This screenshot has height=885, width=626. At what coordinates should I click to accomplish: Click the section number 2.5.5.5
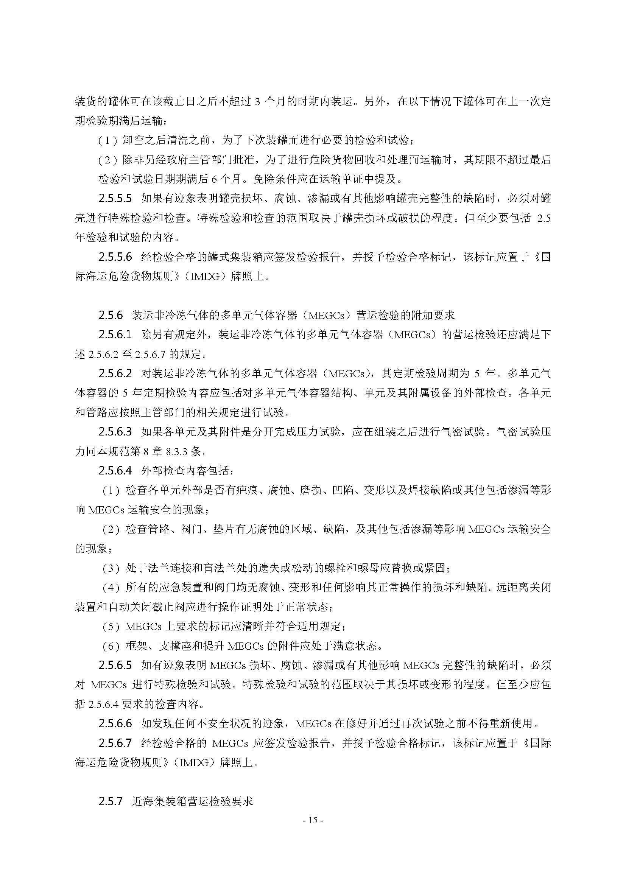tap(115, 199)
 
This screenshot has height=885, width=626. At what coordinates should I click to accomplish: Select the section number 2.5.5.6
tap(115, 257)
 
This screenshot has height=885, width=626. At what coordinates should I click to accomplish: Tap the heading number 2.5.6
tap(110, 315)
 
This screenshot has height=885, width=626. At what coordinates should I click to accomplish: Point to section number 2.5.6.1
tap(115, 334)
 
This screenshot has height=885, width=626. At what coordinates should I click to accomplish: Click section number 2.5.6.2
tap(115, 373)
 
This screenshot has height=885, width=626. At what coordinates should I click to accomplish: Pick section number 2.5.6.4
tap(115, 470)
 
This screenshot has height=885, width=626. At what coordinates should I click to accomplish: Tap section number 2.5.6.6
tap(115, 723)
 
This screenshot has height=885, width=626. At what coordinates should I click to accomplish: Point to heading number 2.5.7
tap(110, 801)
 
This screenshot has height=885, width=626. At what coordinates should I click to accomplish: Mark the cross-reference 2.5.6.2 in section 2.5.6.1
tap(100, 354)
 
